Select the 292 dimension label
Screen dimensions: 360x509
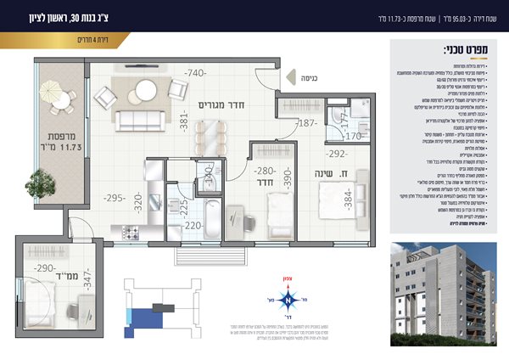pos(335,154)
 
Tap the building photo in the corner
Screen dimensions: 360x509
pos(442,283)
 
